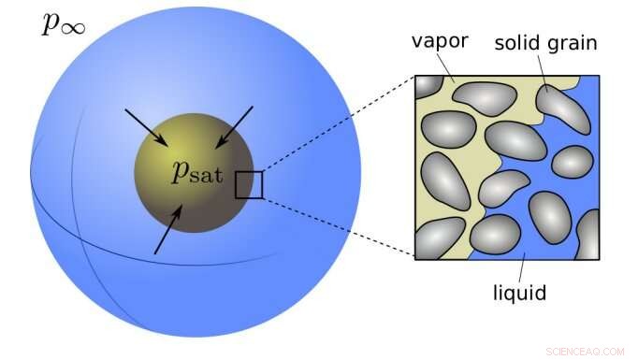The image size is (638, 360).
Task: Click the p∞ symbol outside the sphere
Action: coord(64,22)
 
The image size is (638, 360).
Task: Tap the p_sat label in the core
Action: coord(197,171)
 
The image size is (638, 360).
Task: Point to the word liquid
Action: coord(519,294)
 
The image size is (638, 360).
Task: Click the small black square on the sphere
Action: coord(249,185)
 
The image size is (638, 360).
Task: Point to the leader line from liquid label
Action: coord(523,266)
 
